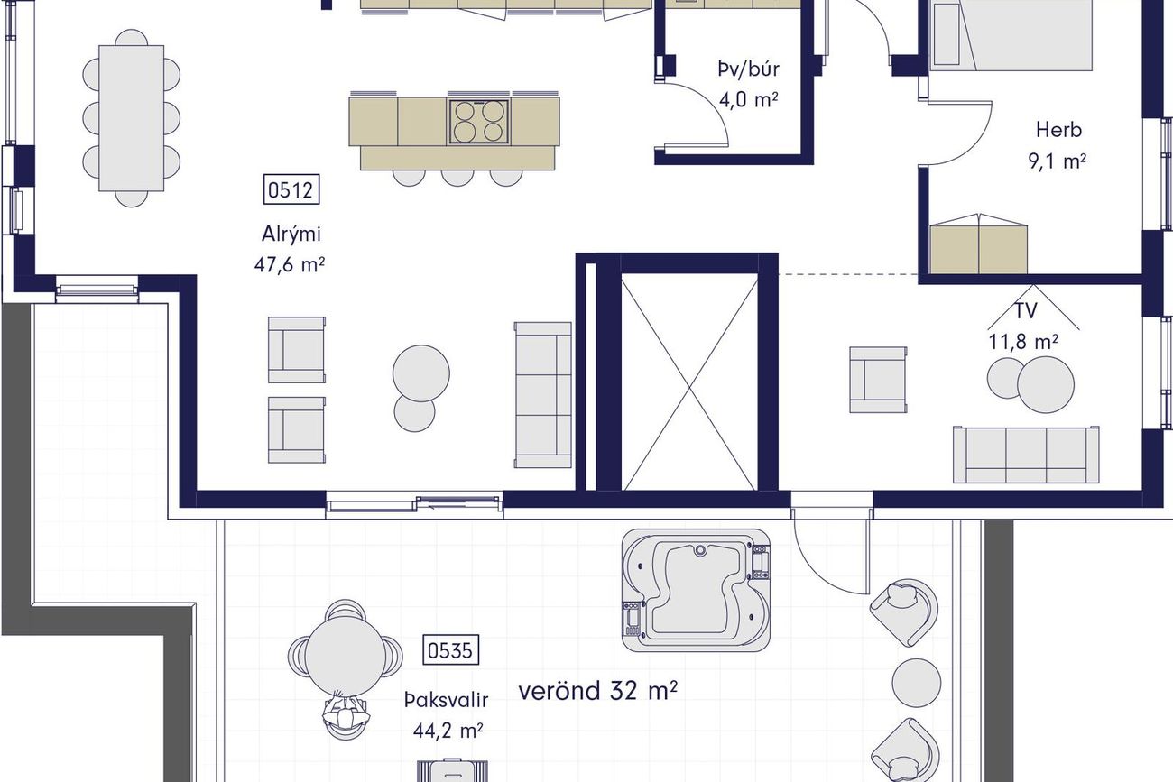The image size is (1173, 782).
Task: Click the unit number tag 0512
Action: click(291, 190)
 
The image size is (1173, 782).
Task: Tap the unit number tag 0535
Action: click(450, 650)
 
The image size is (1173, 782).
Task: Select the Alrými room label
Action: click(291, 234)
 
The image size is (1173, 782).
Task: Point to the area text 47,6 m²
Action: click(290, 265)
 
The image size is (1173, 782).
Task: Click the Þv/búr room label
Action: click(748, 69)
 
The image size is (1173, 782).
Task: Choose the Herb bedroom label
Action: click(1058, 130)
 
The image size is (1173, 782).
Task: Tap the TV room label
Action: click(1026, 311)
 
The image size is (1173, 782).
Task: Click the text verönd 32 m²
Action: click(597, 691)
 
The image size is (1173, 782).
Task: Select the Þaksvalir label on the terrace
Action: click(446, 700)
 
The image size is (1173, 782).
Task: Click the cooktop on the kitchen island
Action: click(478, 122)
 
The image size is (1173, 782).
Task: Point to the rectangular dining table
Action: click(132, 118)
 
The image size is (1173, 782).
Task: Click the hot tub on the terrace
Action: click(697, 590)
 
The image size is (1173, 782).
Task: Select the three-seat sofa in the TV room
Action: click(1026, 455)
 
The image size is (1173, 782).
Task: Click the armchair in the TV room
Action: click(878, 380)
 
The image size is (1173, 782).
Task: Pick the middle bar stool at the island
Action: click(457, 178)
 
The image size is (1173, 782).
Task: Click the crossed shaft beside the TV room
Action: click(689, 382)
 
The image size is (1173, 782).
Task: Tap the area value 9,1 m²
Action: click(1058, 161)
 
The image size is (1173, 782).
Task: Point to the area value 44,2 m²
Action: click(448, 731)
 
